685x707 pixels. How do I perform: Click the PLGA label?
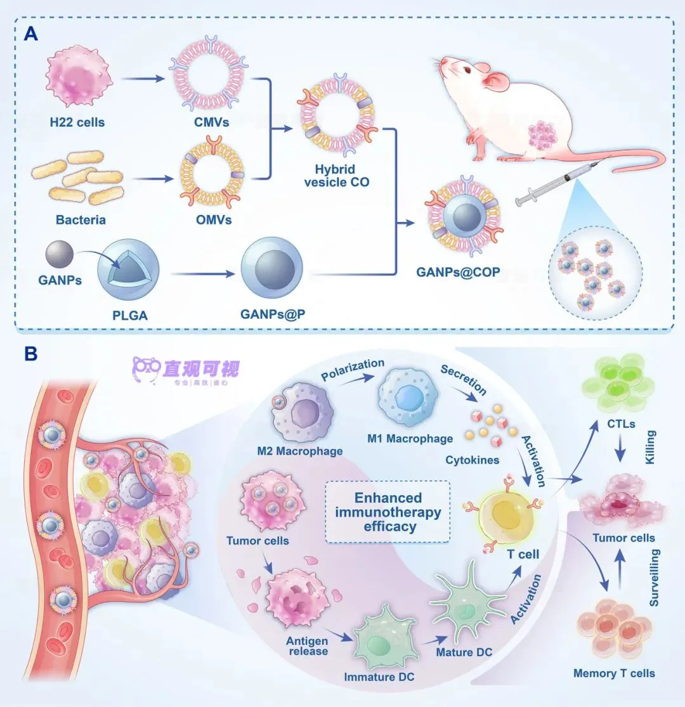129,313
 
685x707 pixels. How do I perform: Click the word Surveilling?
656,578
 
